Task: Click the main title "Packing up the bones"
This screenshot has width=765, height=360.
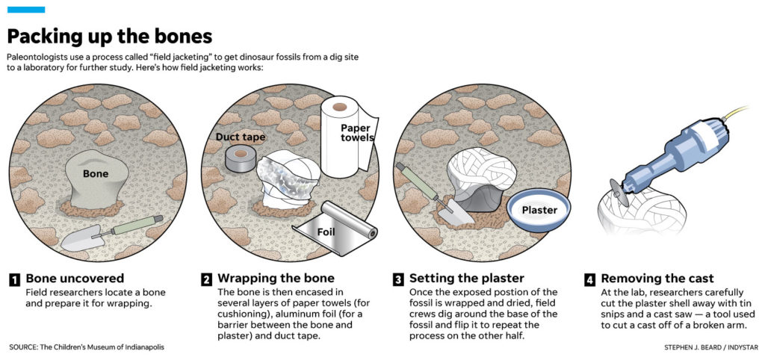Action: [110, 36]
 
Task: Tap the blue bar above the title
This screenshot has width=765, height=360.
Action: [26, 10]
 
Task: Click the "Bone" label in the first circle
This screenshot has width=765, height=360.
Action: [95, 173]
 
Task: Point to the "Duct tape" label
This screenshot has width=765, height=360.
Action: [241, 137]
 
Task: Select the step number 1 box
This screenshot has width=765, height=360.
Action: [14, 280]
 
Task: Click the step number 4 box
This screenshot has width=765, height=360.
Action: [589, 280]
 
